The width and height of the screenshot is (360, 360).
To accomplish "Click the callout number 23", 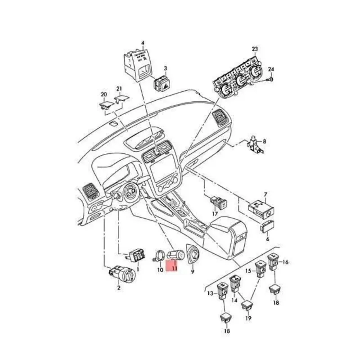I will tap(255, 49).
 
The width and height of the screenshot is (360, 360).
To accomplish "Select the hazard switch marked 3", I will tap(161, 84).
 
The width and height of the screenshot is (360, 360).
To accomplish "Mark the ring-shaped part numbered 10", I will tap(159, 257).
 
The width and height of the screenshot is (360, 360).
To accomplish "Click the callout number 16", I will tap(285, 262).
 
